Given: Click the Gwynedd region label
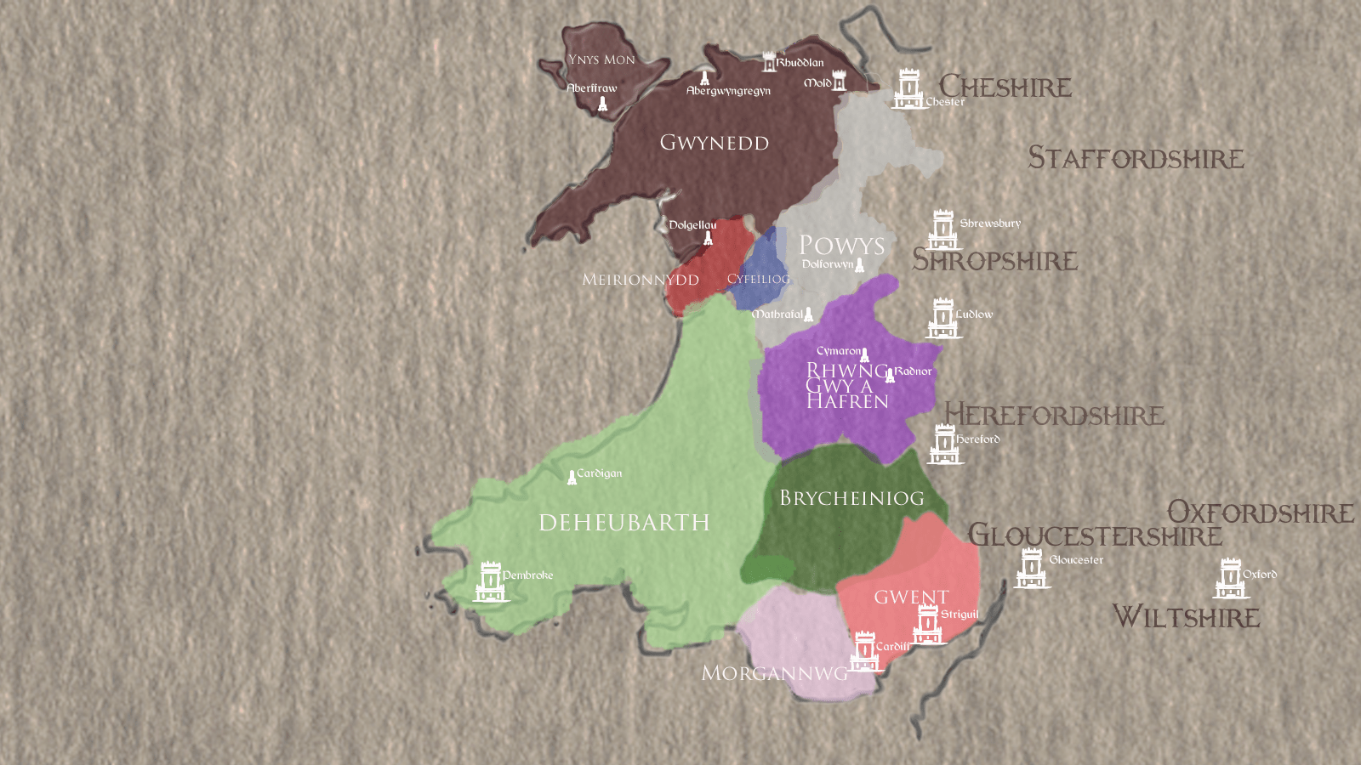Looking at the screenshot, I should pos(715,143).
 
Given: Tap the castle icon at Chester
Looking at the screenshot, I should pos(908,89).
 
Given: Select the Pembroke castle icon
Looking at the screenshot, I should pos(490,581).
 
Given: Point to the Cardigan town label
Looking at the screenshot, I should pos(600,473).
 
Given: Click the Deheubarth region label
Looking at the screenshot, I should pos(624,522).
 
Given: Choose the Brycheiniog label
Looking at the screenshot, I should pos(851,498).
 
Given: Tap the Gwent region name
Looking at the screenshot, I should pos(911,597).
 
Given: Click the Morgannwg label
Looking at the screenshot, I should pos(774,673).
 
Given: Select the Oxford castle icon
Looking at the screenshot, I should pos(1230,579).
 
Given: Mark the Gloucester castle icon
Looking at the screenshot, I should pos(1032,569).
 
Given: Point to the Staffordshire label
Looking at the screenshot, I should pos(1136,158).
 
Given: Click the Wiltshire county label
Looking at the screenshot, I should pos(1186,616).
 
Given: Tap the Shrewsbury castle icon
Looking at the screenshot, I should pos(942,229).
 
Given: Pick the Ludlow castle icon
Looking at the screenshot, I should pos(942,318).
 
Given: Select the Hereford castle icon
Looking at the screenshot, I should pos(945,445).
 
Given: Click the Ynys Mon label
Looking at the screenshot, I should pos(601,59).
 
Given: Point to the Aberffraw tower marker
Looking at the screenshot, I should pos(602,105).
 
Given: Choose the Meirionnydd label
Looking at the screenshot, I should pos(641,280).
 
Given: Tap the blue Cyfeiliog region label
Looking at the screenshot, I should pos(758,279).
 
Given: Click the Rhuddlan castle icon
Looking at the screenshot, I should pos(769,62).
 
